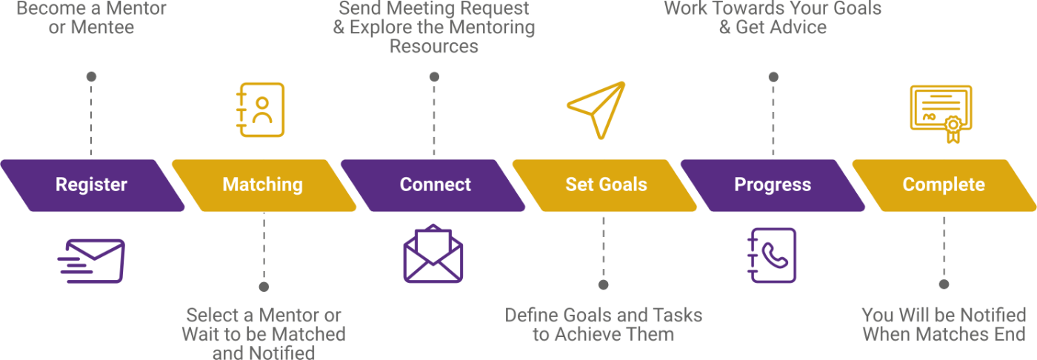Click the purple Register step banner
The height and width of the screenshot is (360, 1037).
(92, 185)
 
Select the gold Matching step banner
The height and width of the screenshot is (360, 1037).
(263, 185)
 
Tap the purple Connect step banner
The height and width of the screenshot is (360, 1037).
(435, 185)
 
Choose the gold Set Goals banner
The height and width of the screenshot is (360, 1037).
(606, 185)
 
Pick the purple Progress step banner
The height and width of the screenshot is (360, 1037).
(773, 185)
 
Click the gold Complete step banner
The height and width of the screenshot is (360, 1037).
(944, 185)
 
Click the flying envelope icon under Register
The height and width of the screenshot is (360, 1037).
(92, 260)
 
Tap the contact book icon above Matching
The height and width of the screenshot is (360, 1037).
(260, 110)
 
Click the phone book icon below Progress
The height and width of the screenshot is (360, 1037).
(772, 256)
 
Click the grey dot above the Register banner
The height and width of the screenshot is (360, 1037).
(91, 76)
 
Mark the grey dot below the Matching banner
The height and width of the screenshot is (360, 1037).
(264, 286)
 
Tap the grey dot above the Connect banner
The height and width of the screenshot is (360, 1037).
(434, 76)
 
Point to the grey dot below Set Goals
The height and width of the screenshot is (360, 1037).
(603, 284)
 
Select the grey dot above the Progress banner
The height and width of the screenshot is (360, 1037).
(773, 76)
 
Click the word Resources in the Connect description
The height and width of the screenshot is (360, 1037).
(434, 47)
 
